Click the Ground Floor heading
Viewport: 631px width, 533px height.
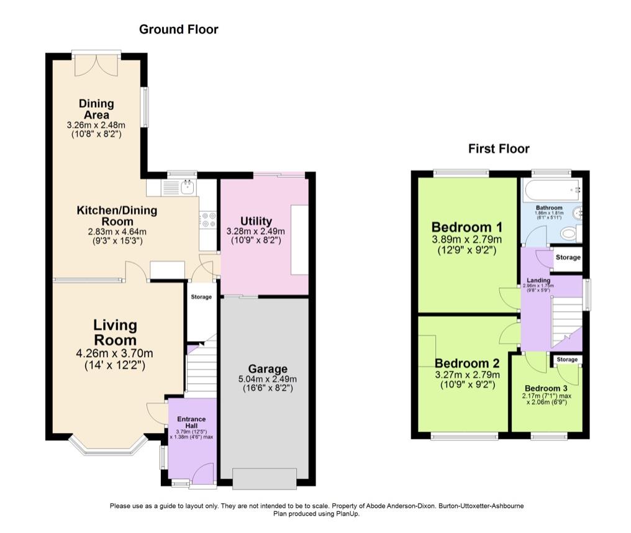178,29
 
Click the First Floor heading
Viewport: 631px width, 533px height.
498,148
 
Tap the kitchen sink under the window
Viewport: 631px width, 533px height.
186,185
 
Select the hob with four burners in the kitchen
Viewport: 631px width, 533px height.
207,220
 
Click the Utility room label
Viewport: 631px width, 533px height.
256,221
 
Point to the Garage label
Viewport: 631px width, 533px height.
268,368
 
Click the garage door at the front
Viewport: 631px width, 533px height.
264,479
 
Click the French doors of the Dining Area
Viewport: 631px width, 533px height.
96,64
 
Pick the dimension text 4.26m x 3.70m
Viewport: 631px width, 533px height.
115,353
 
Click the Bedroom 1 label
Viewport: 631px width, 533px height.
466,227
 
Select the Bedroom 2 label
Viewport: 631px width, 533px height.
466,363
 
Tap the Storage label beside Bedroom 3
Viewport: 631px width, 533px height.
566,360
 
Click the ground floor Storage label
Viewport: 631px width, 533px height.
201,297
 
